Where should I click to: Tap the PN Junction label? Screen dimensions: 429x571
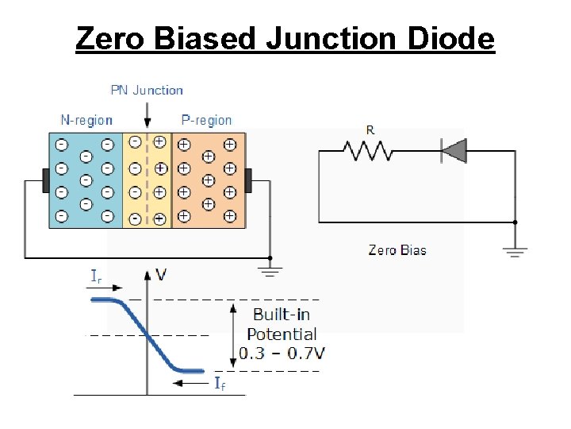coord(146,91)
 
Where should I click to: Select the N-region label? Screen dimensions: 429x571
coord(86,121)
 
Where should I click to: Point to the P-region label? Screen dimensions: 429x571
coord(206,121)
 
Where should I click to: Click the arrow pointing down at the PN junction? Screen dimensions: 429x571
coord(147,115)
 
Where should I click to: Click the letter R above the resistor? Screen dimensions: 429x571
coord(370,129)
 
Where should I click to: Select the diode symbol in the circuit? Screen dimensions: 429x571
coord(454,150)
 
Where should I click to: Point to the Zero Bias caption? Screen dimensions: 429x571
coord(397,250)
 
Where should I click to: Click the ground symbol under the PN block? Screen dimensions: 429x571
coord(270,272)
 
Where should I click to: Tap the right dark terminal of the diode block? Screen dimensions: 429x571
coord(247,180)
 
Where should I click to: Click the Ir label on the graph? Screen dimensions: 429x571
coord(95,276)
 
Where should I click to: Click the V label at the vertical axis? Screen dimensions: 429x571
coord(161,275)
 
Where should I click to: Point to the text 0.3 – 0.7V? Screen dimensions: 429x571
coord(282,353)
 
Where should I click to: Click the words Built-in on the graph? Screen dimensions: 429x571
coord(282,315)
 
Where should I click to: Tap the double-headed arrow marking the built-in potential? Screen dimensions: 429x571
coord(232,334)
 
